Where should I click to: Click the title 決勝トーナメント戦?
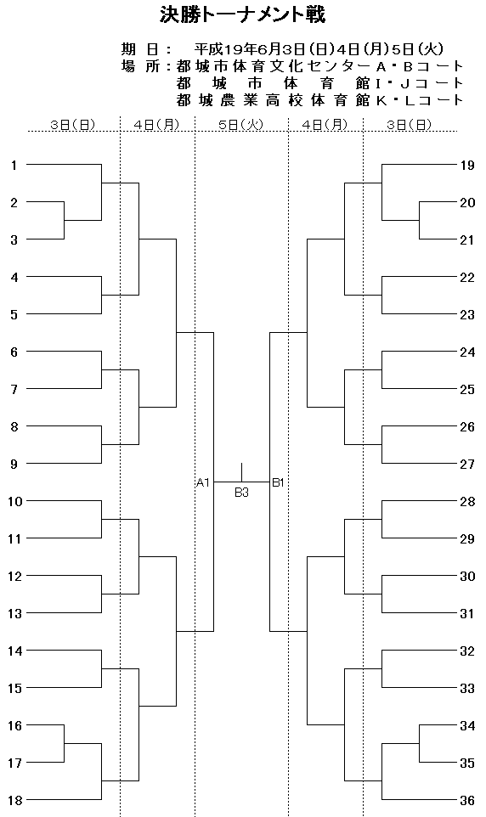pos(242,15)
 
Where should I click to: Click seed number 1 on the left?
pos(14,165)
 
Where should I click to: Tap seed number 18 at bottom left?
pos(14,800)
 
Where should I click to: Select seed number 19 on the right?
pos(467,166)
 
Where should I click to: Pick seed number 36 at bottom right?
pos(467,800)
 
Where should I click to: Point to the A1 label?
pos(203,482)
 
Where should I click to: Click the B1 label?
pos(278,482)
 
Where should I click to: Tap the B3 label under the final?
pos(241,493)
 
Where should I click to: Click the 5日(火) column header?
pos(241,125)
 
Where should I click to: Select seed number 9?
pos(14,465)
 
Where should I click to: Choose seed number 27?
pos(467,465)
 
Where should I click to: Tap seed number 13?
pos(14,614)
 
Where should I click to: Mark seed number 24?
pos(467,352)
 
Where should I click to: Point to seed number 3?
pos(14,240)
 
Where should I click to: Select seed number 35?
pos(467,763)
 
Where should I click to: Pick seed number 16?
pos(14,726)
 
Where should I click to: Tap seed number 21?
pos(467,240)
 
